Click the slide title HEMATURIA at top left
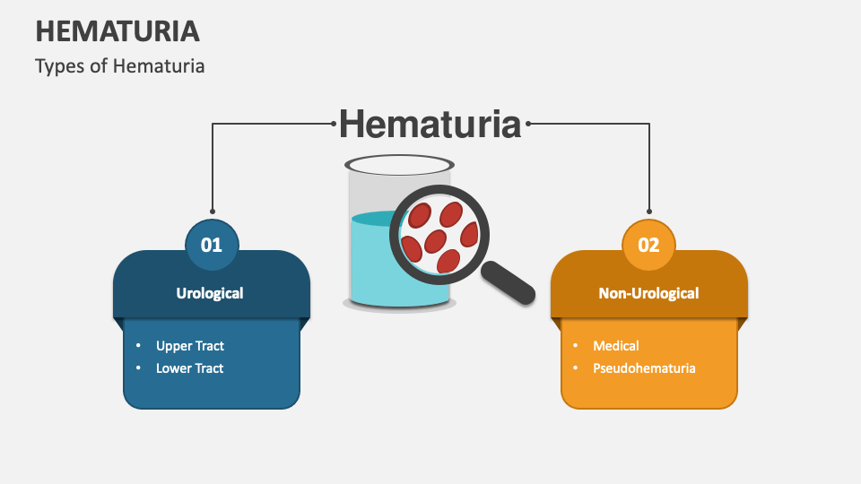pyautogui.click(x=117, y=31)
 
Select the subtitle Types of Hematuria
pyautogui.click(x=120, y=66)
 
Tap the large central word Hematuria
pyautogui.click(x=430, y=124)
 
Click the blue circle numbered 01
pyautogui.click(x=212, y=244)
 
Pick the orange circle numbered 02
pyautogui.click(x=648, y=244)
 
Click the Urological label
pyautogui.click(x=210, y=293)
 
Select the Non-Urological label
pyautogui.click(x=648, y=293)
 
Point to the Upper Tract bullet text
pyautogui.click(x=189, y=346)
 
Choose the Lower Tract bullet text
pyautogui.click(x=189, y=368)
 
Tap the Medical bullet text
pyautogui.click(x=615, y=346)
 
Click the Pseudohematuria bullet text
pyautogui.click(x=643, y=368)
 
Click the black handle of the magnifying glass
pyautogui.click(x=508, y=281)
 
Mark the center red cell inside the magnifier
pyautogui.click(x=436, y=240)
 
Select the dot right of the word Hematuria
pyautogui.click(x=528, y=124)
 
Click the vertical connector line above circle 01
pyautogui.click(x=213, y=170)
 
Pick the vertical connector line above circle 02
pyautogui.click(x=648, y=170)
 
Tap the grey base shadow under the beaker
pyautogui.click(x=400, y=305)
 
